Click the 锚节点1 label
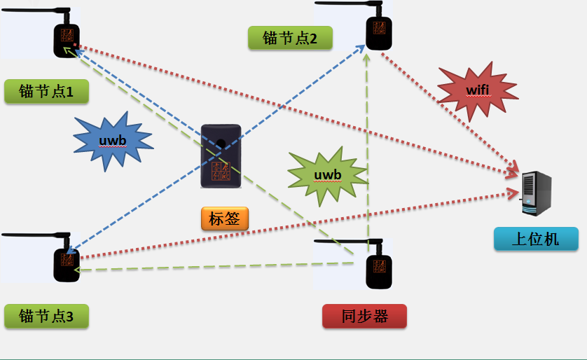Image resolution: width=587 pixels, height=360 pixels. [46, 92]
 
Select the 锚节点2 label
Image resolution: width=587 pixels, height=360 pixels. [289, 38]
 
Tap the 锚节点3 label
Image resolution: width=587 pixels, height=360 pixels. [46, 316]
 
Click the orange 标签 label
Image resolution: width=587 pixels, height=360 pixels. [224, 219]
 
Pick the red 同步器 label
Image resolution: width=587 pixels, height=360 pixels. [364, 316]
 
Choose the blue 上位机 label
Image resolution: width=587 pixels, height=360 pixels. [536, 239]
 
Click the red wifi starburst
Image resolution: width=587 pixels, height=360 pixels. [477, 90]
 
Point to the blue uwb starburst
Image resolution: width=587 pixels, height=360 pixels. [113, 141]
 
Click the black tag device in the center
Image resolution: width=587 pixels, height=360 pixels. [221, 157]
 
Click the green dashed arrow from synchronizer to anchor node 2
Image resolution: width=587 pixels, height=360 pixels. [366, 140]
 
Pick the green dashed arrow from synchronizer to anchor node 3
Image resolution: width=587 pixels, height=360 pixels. [210, 266]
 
